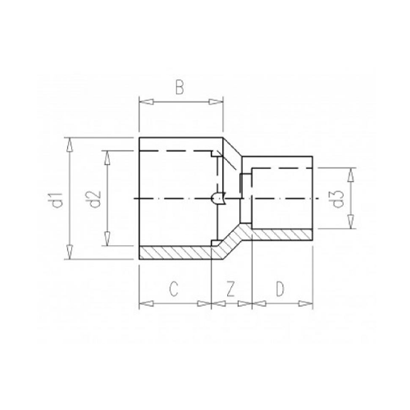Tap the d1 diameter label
point(53,198)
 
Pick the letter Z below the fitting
point(231,289)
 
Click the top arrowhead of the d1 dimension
point(72,143)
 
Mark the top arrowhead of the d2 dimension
point(107,155)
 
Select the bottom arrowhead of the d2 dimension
point(107,241)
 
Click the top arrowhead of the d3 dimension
point(352,173)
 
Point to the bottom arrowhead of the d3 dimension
point(352,225)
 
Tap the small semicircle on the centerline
point(219,198)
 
